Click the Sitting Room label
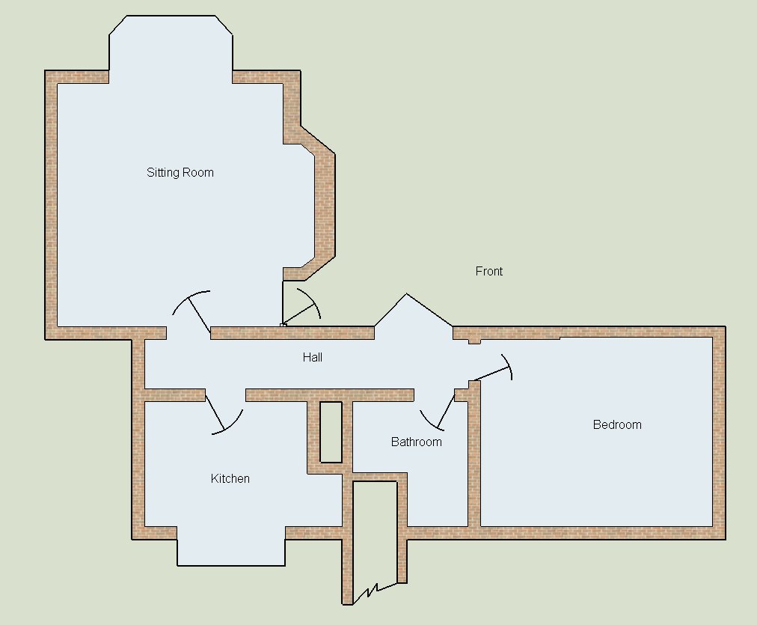coord(180,172)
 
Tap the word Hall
coord(313,358)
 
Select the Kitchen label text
coord(230,478)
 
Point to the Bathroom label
coord(416,442)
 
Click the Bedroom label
coord(617,424)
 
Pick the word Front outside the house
coord(489,272)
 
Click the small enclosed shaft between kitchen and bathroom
coord(331,433)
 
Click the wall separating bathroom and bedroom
coord(474,454)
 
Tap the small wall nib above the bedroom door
coord(474,341)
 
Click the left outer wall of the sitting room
coord(51,205)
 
